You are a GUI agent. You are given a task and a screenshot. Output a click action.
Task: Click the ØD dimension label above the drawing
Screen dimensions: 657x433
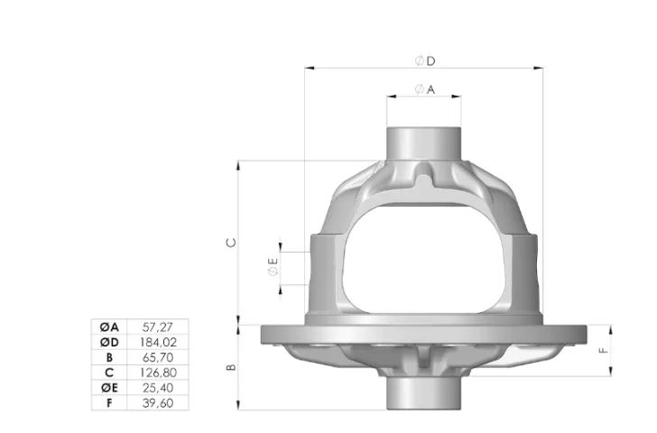[x=425, y=61]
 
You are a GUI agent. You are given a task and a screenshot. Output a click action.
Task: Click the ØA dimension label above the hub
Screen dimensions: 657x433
[x=425, y=89]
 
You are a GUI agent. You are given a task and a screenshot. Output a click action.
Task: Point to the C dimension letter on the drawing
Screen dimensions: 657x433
[x=231, y=243]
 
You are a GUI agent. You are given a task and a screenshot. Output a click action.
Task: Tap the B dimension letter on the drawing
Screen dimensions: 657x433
[x=231, y=367]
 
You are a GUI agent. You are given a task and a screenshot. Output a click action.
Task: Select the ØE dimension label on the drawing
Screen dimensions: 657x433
[x=273, y=266]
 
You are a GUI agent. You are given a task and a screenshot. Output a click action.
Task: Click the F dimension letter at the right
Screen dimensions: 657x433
[x=604, y=350]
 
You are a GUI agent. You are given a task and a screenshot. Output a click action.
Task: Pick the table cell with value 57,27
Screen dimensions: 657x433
[x=158, y=327]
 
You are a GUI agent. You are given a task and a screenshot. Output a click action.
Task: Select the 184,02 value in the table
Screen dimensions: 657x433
[x=158, y=342]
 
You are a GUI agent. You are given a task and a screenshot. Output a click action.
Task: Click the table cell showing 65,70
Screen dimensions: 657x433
[x=158, y=357]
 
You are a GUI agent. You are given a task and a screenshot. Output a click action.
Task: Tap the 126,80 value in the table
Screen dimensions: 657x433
[x=158, y=373]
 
